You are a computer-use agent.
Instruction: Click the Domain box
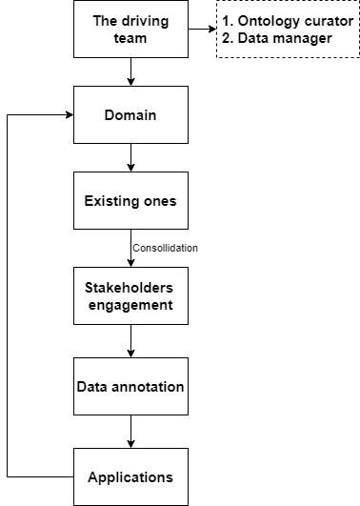coord(130,115)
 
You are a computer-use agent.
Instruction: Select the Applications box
coord(130,477)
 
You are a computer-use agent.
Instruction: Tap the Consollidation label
coord(165,248)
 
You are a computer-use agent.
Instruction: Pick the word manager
coord(300,38)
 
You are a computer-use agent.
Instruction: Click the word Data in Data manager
coord(251,38)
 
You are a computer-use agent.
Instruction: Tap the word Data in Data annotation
coord(92,387)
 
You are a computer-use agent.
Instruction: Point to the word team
coord(130,38)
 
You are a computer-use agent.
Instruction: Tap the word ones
coord(161,201)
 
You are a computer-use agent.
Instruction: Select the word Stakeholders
coord(130,288)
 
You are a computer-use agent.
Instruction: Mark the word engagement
coord(130,305)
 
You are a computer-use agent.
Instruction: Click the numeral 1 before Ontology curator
coord(226,21)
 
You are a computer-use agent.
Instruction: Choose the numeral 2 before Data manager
coord(226,38)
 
